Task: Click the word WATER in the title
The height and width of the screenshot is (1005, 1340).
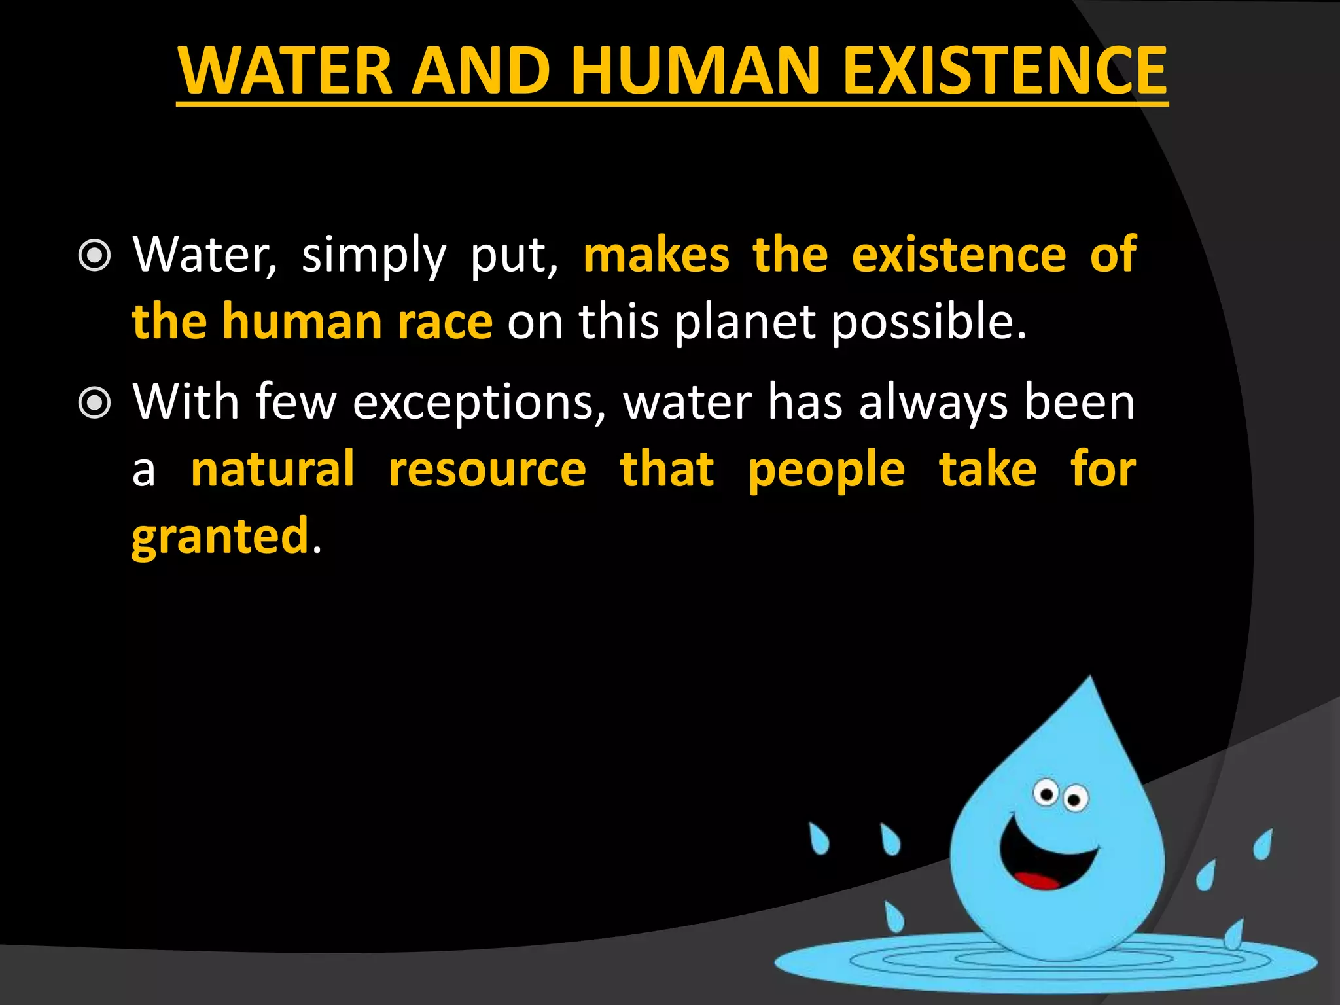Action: coord(285,70)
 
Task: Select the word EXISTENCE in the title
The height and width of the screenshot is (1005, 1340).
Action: coord(1004,70)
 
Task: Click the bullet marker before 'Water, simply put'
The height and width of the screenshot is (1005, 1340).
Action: coord(95,255)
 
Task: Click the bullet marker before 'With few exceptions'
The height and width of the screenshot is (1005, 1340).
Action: coord(95,402)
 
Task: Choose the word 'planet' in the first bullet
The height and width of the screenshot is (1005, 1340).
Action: coord(745,322)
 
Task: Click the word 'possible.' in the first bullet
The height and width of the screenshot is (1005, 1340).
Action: coord(929,322)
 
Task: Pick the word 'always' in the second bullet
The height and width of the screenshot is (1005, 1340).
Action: coord(932,402)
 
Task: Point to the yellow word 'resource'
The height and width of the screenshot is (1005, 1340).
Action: coord(487,470)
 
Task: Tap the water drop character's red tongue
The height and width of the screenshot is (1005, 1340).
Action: coord(1036,880)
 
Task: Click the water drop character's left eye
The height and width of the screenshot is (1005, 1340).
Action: coord(1046,794)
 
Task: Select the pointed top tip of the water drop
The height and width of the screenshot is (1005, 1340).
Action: coord(1090,680)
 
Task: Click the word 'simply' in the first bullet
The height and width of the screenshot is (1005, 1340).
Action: coord(374,255)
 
